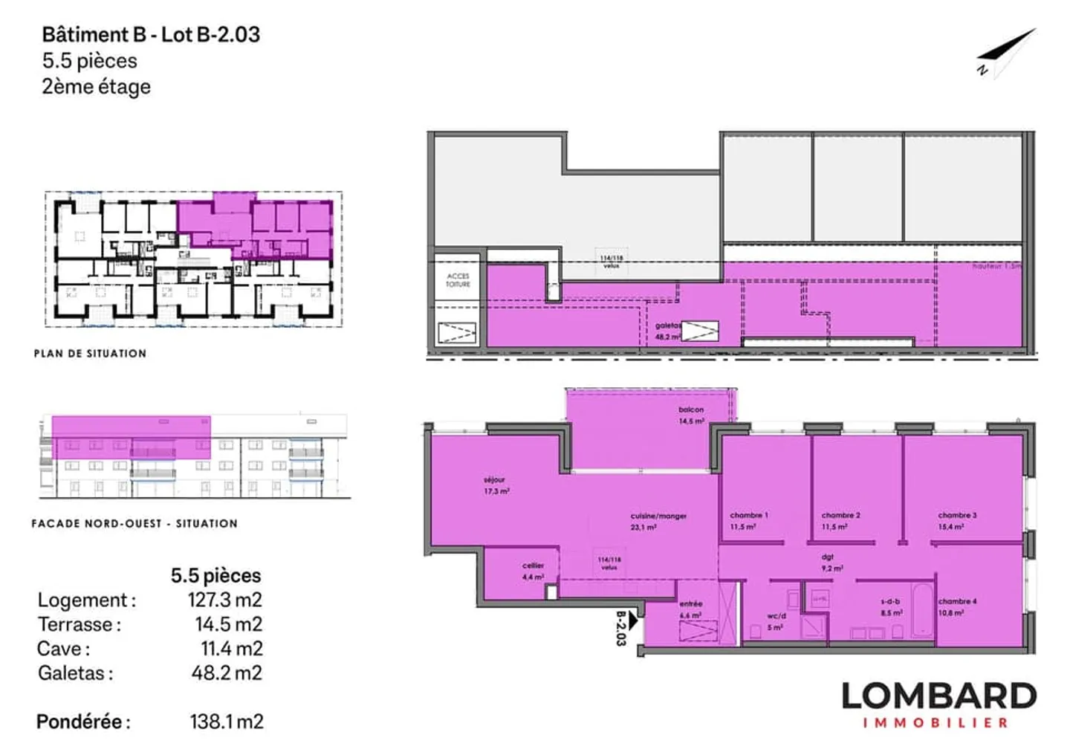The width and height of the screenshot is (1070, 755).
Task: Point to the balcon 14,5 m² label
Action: (x=691, y=415)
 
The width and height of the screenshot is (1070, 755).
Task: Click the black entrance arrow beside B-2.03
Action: (x=633, y=620)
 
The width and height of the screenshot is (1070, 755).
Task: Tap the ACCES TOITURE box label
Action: (x=458, y=279)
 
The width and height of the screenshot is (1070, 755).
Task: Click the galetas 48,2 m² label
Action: (x=667, y=331)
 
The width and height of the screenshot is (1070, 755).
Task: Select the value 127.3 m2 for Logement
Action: (x=224, y=600)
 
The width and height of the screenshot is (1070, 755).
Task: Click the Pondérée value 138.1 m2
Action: (x=226, y=722)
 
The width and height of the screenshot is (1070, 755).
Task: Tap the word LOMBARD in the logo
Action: (x=938, y=696)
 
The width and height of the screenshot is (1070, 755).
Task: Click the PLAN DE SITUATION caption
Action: (x=90, y=354)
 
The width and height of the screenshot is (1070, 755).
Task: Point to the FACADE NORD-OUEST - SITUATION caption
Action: (x=134, y=523)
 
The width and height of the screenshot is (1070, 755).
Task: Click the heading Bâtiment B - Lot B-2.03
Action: (x=151, y=35)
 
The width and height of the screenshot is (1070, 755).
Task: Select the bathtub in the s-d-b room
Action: (x=921, y=612)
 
